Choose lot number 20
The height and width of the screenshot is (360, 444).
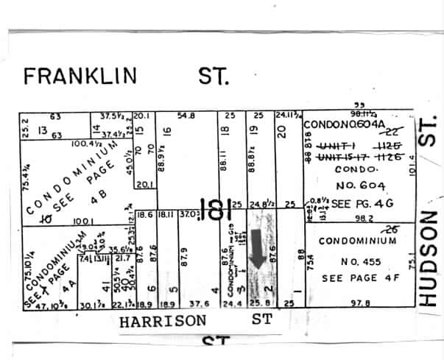coord(281,132)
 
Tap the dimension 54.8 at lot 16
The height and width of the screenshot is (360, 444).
coord(186,115)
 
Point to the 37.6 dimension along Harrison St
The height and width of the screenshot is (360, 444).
coord(200,303)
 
